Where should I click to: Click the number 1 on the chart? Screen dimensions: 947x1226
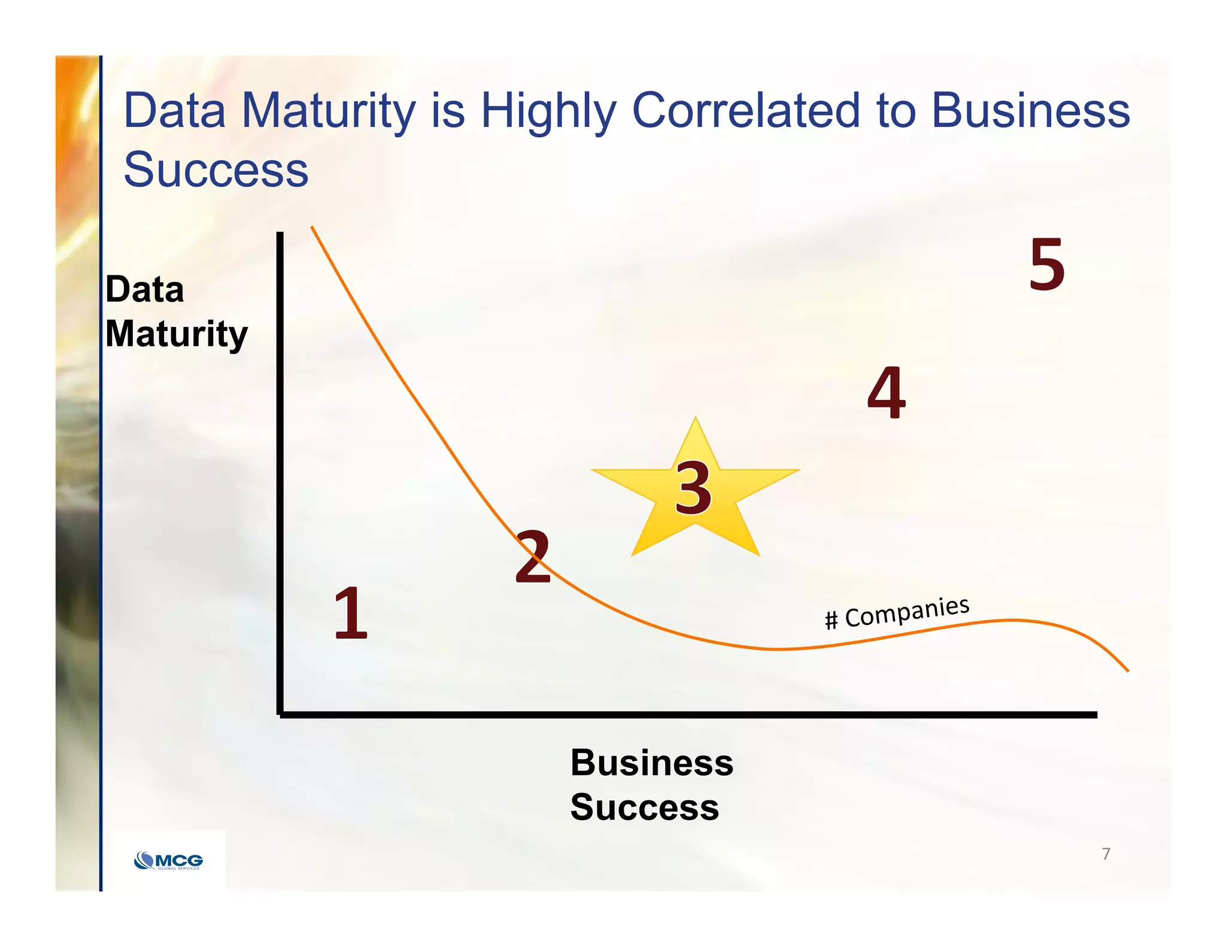point(351,613)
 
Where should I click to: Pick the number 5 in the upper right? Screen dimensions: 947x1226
point(1047,264)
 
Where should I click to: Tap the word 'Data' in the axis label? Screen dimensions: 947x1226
point(145,290)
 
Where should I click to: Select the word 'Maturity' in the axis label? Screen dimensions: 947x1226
point(176,334)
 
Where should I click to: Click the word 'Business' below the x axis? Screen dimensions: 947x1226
point(651,763)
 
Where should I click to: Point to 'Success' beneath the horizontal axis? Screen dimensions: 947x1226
point(644,807)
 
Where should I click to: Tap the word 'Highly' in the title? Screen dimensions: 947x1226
point(548,113)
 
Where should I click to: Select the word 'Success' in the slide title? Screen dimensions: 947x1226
point(216,169)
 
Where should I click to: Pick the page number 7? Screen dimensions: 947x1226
point(1106,854)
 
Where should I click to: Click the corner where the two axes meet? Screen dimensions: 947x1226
point(280,714)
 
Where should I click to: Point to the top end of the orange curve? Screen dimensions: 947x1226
point(312,227)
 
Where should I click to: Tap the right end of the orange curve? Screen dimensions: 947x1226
point(1127,670)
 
